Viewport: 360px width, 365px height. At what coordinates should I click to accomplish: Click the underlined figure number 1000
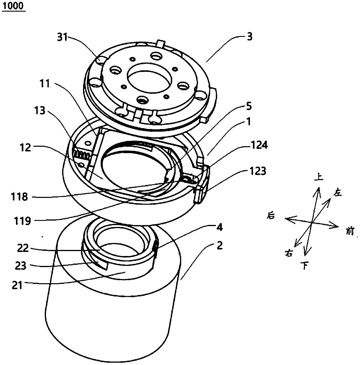pos(14,7)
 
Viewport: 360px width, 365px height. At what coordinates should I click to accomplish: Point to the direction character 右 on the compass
pos(288,253)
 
